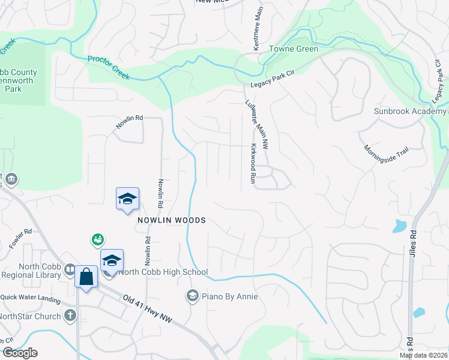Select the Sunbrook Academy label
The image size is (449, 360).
click(x=411, y=112)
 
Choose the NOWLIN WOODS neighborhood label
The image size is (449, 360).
click(x=171, y=220)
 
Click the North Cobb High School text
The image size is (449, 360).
click(x=163, y=272)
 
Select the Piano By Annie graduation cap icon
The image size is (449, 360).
click(x=192, y=296)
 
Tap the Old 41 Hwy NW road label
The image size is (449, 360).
click(x=148, y=310)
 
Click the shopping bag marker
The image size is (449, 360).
click(x=86, y=277)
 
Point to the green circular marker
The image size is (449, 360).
click(x=97, y=241)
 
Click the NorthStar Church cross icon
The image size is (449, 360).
click(x=70, y=316)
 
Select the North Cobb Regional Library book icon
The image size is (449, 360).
click(x=70, y=271)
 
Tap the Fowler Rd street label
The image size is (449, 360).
click(x=20, y=239)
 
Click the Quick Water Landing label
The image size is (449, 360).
click(x=30, y=299)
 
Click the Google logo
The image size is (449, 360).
click(x=19, y=353)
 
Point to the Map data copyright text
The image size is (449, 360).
click(x=424, y=355)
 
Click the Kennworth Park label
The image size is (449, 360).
click(x=18, y=80)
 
